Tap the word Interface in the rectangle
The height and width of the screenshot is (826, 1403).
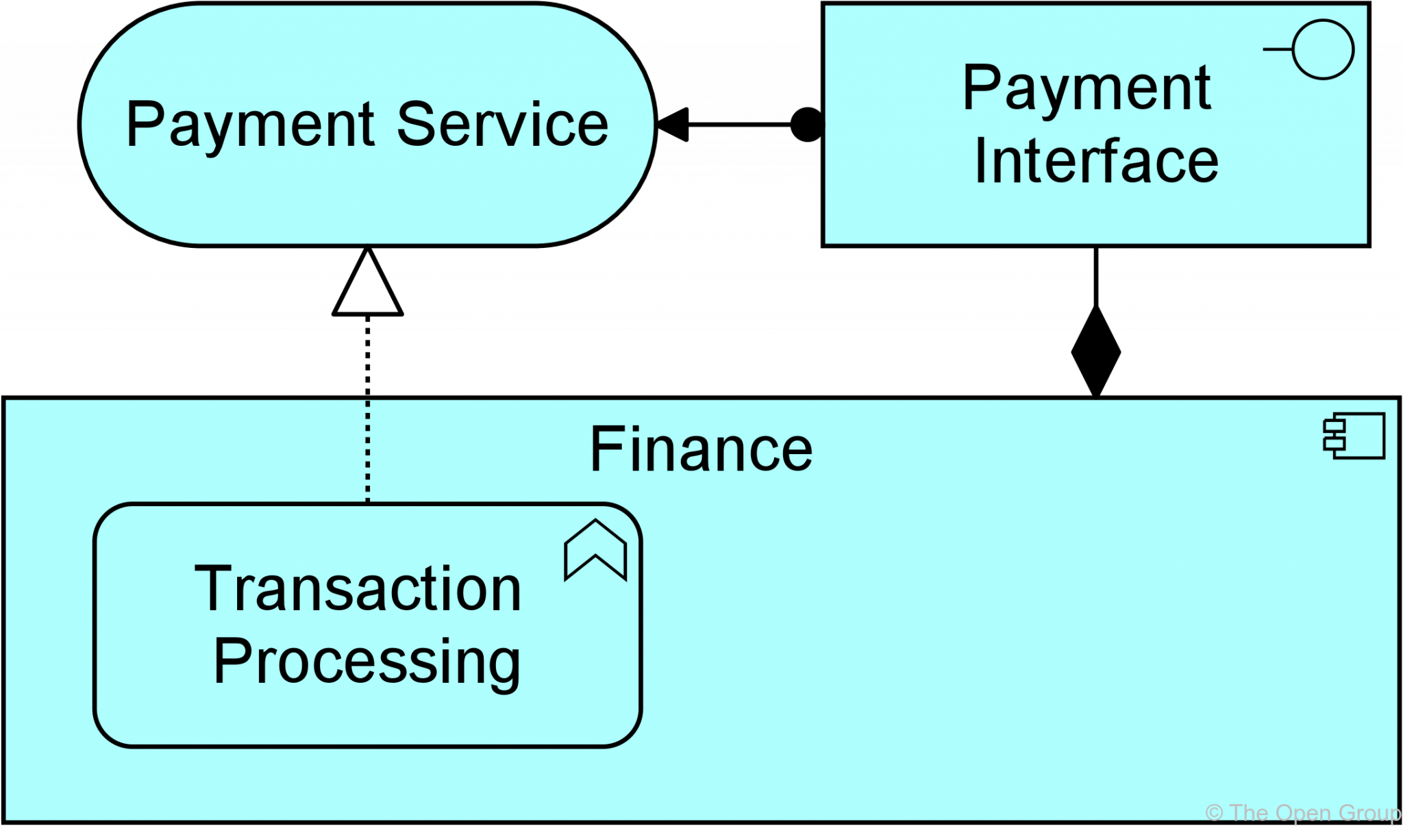point(1096,162)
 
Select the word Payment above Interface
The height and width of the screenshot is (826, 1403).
point(1087,89)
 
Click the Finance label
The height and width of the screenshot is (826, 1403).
point(701,449)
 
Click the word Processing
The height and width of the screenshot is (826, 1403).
point(367,662)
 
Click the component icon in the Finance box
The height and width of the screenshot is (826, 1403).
point(1354,436)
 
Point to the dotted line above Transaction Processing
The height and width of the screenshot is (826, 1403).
point(368,411)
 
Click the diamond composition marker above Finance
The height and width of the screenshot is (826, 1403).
point(1096,351)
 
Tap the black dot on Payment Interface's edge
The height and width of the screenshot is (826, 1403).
point(807,125)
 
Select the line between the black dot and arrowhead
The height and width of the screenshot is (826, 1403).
point(740,125)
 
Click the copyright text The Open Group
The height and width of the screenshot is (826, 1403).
point(1302,813)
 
